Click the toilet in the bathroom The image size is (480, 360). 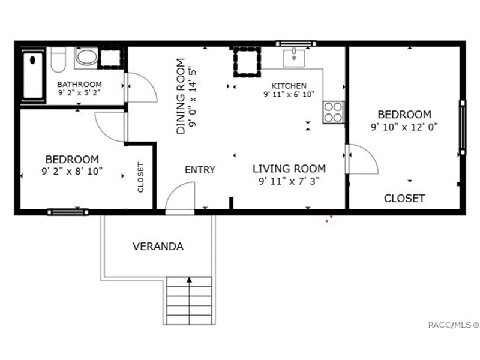pyautogui.click(x=58, y=59)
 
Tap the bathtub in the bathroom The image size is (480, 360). pyautogui.click(x=33, y=76)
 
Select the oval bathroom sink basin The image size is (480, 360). pyautogui.click(x=86, y=57)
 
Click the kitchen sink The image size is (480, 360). pyautogui.click(x=294, y=58)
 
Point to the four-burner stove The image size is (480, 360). pyautogui.click(x=334, y=112)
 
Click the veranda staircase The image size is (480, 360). pyautogui.click(x=189, y=301)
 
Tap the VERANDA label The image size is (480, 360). pyautogui.click(x=158, y=247)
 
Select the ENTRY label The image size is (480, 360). pyautogui.click(x=200, y=170)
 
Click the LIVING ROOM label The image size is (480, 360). pyautogui.click(x=289, y=169)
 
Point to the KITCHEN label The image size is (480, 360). pyautogui.click(x=289, y=86)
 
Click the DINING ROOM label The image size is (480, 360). pyautogui.click(x=181, y=96)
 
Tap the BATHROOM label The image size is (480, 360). pyautogui.click(x=79, y=84)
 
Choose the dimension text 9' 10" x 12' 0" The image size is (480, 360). pyautogui.click(x=404, y=127)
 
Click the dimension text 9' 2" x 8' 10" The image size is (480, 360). pyautogui.click(x=72, y=171)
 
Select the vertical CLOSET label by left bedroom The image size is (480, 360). pyautogui.click(x=140, y=177)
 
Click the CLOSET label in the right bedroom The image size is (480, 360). pyautogui.click(x=404, y=199)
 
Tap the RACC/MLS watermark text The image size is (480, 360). pyautogui.click(x=454, y=325)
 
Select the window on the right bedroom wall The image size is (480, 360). pyautogui.click(x=463, y=127)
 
